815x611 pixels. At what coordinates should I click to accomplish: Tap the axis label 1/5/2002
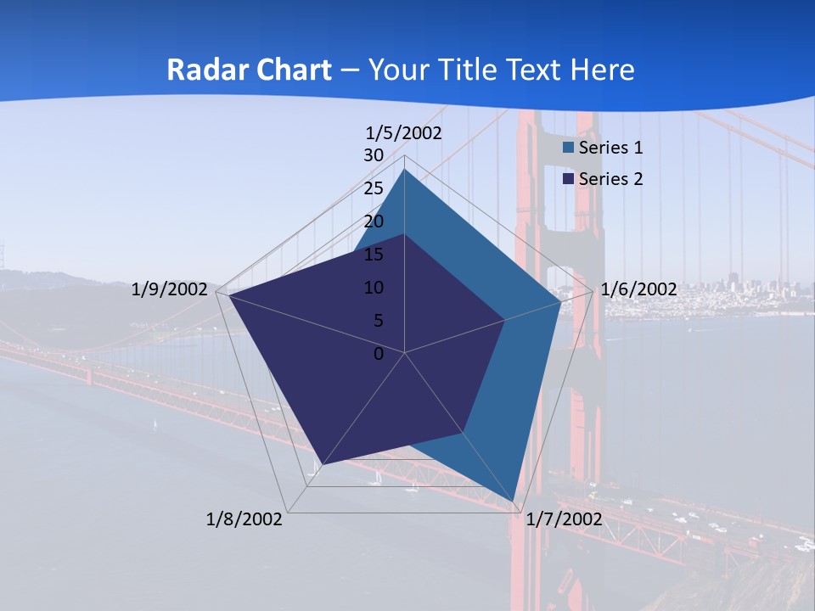point(404,132)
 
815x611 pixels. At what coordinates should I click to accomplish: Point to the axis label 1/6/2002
point(638,289)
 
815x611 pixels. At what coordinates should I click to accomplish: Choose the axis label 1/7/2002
point(564,519)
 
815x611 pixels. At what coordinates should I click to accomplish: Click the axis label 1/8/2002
point(244,519)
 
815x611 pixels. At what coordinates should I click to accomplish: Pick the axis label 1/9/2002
point(170,289)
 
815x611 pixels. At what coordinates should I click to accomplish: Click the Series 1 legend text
point(610,148)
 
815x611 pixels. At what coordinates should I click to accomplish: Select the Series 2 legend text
point(610,179)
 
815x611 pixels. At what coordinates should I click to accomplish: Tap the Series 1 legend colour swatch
point(569,148)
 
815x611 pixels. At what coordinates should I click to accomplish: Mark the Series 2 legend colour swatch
point(569,179)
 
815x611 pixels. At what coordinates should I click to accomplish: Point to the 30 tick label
point(374,155)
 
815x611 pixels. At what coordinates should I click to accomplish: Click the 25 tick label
point(374,188)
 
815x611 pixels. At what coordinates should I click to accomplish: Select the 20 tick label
point(374,221)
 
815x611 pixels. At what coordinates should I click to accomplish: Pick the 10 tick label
point(374,288)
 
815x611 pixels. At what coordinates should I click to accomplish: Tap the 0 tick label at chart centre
point(379,354)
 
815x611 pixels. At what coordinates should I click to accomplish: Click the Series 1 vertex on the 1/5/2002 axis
point(404,170)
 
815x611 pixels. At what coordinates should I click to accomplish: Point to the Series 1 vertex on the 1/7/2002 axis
point(514,502)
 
